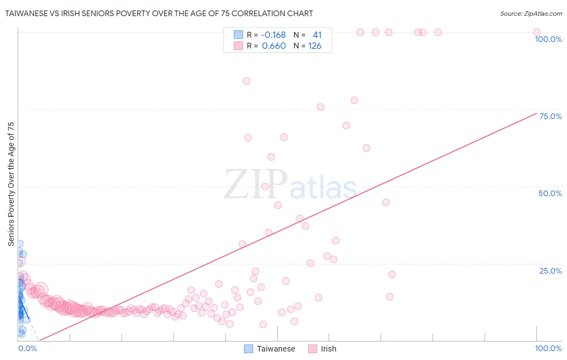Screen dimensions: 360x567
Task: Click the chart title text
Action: click(x=159, y=13)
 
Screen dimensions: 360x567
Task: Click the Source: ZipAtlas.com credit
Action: click(x=531, y=13)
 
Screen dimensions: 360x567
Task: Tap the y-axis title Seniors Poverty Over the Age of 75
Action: click(x=11, y=184)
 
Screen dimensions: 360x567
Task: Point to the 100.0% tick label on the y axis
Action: click(x=548, y=39)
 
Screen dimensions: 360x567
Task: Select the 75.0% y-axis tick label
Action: click(x=550, y=116)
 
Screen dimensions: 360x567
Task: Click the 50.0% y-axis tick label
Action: click(x=550, y=193)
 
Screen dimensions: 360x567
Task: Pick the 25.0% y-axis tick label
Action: click(x=550, y=271)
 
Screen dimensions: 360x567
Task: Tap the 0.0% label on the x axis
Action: click(x=27, y=348)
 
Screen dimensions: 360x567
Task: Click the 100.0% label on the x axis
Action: click(x=548, y=348)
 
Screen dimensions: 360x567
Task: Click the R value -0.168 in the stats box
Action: click(x=273, y=35)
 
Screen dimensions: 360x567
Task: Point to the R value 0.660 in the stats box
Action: click(x=274, y=46)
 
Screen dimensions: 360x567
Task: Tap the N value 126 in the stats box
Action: click(x=315, y=46)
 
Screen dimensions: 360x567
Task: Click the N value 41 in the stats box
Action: click(x=317, y=35)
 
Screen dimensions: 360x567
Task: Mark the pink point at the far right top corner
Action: click(x=536, y=32)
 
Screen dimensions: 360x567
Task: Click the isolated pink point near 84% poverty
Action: click(x=246, y=81)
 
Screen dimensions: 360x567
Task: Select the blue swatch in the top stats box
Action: click(x=238, y=35)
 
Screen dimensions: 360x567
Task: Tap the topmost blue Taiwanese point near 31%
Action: click(x=19, y=244)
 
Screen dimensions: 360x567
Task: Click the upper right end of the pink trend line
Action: click(x=537, y=113)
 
